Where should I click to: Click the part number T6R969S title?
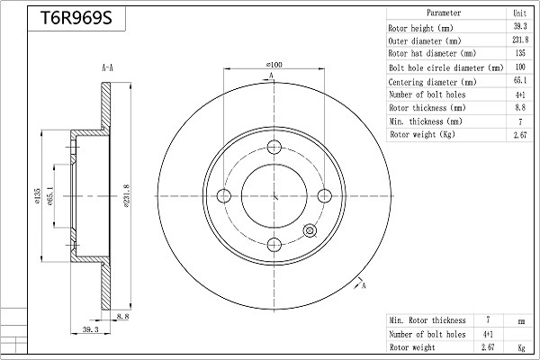[76, 18]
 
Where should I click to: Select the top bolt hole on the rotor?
[274, 147]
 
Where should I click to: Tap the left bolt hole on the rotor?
[224, 196]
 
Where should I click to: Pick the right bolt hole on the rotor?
[324, 196]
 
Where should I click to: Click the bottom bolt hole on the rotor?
[274, 245]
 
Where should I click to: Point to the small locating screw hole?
[310, 230]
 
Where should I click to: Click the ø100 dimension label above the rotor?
[274, 65]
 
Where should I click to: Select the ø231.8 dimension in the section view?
[126, 196]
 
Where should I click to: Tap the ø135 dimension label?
[38, 196]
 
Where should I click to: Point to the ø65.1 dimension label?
[49, 196]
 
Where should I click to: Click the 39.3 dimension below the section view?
[91, 329]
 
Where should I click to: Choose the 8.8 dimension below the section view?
[122, 316]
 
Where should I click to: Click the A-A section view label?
[107, 67]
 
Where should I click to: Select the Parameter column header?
[444, 13]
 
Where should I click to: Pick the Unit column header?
[520, 13]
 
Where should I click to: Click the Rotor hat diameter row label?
[432, 53]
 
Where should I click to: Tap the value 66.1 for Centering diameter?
[520, 81]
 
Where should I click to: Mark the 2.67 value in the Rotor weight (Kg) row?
[520, 135]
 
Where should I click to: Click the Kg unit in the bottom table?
[521, 347]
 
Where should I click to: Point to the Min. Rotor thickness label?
[427, 320]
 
